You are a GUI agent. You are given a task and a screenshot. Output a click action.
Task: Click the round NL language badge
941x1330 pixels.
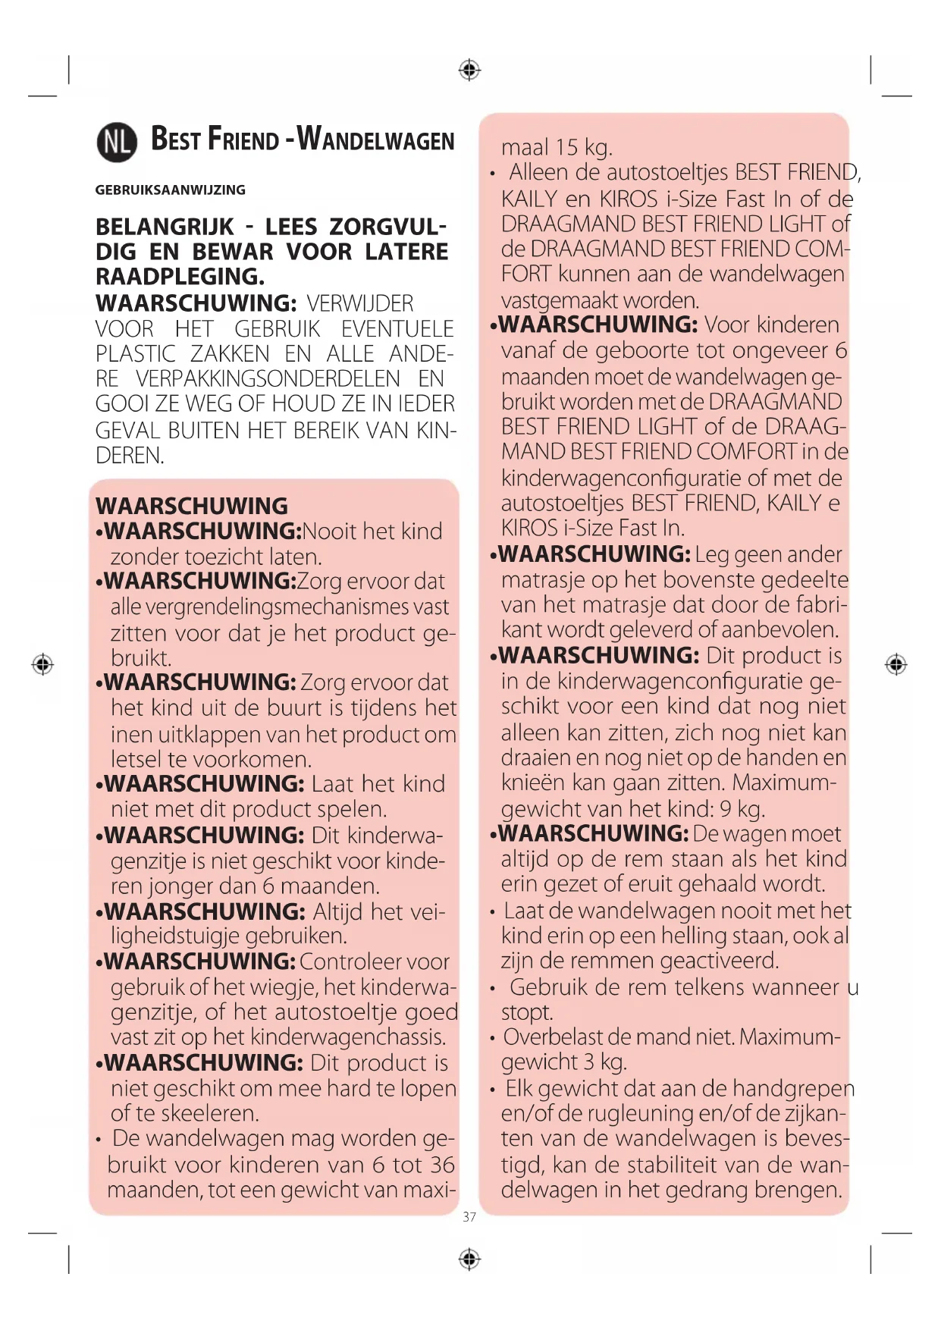[117, 142]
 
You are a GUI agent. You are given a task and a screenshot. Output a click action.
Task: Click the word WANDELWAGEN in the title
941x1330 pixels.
[375, 140]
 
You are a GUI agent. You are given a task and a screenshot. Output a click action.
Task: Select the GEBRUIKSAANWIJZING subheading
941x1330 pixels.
[170, 190]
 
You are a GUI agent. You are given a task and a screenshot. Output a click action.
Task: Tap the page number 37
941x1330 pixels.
[469, 1216]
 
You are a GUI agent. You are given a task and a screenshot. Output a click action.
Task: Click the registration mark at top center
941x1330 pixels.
[470, 71]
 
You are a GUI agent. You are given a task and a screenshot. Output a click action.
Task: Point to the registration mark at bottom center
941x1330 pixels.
[470, 1259]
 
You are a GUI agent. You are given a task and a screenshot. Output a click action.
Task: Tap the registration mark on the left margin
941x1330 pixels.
[42, 665]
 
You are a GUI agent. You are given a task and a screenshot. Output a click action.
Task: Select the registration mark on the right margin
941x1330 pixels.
[896, 665]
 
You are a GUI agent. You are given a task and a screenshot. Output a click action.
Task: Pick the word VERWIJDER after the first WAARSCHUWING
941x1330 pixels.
[360, 304]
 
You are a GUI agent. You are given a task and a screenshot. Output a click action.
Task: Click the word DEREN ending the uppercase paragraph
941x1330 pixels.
[128, 456]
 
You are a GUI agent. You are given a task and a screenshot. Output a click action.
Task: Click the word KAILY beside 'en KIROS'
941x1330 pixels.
[529, 199]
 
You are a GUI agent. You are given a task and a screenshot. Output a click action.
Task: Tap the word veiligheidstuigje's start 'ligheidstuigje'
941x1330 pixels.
[176, 936]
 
